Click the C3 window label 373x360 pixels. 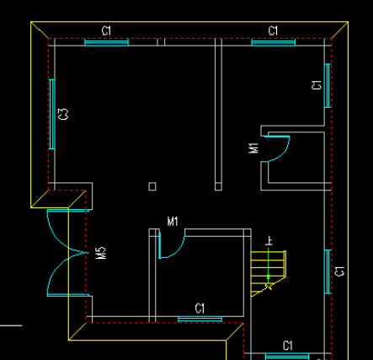pos(63,114)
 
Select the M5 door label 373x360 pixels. pos(100,253)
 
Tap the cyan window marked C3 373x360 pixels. pos(52,114)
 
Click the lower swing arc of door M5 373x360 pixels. pos(59,274)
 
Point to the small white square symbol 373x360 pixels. pos(152,185)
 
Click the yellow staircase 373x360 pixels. pos(268,271)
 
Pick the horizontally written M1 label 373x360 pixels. pos(173,222)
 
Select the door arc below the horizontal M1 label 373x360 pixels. pos(173,250)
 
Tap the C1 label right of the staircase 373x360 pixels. pos(339,271)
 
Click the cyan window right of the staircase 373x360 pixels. pos(327,271)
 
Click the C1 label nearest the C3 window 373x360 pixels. pos(106,30)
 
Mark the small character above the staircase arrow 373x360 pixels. pos(269,240)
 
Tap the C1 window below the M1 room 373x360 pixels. pos(200,319)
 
